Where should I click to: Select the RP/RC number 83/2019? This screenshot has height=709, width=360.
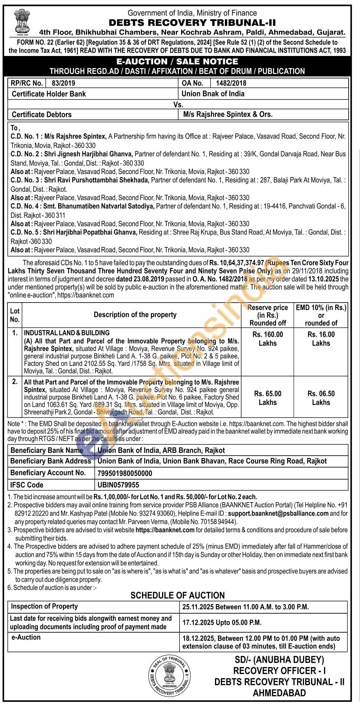63,83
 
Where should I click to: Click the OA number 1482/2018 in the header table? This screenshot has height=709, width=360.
231,83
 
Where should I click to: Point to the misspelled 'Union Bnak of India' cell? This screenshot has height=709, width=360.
213,94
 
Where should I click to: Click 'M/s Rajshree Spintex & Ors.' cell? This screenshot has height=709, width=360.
228,114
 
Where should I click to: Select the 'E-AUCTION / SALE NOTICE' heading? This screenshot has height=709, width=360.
177,61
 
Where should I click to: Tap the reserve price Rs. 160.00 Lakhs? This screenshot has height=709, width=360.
268,339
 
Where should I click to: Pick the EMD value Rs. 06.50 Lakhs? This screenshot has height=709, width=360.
321,398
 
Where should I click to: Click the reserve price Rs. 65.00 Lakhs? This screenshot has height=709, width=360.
268,398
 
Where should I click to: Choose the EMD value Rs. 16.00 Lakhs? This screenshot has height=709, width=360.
321,339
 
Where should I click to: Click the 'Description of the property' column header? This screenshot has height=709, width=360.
135,315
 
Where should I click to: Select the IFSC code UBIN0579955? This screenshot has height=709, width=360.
118,485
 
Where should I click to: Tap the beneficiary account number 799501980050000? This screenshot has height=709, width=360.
125,473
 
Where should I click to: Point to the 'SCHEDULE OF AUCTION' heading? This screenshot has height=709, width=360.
177,596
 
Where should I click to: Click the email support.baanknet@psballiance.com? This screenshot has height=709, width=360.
278,513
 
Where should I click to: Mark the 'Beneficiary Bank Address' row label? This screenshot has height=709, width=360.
51,461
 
